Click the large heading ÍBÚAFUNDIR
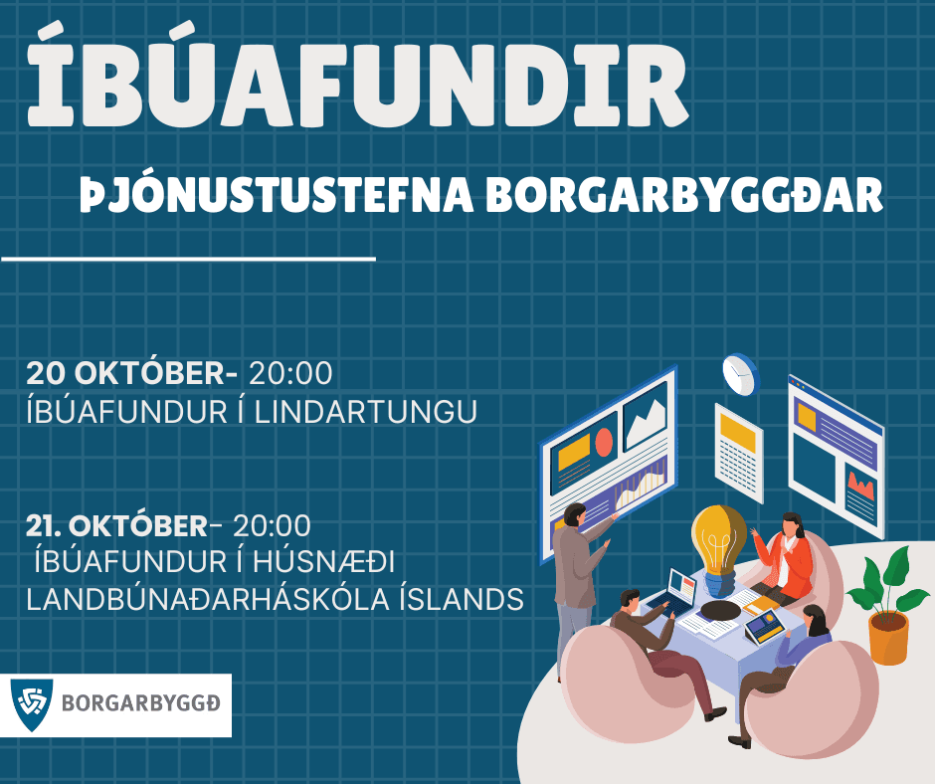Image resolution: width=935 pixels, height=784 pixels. coord(358,85)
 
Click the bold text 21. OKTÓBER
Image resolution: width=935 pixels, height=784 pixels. coord(116,524)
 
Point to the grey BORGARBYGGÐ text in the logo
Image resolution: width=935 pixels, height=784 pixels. coord(141,704)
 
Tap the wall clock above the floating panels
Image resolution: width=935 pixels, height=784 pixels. coord(739,373)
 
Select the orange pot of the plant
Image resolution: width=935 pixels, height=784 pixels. coord(887,637)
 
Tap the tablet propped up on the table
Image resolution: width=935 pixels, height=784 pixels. coord(765,625)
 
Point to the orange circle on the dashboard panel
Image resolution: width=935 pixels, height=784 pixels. coord(604,441)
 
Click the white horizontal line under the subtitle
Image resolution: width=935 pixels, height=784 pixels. coord(188,259)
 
